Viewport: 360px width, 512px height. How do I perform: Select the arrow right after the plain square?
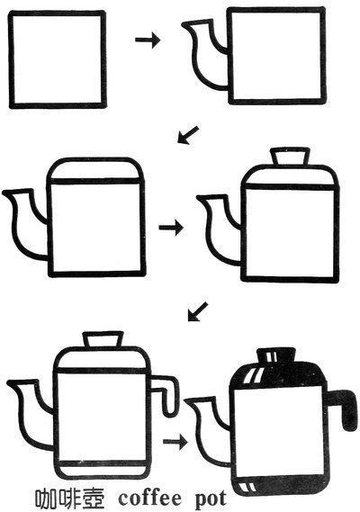pos(148,40)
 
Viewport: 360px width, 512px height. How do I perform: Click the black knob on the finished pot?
pos(276,355)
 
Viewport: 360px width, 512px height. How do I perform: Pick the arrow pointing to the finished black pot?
pos(175,442)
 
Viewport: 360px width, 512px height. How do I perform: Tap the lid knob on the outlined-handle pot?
pos(103,339)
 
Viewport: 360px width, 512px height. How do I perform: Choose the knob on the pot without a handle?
pos(290,157)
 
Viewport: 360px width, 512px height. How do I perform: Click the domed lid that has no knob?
pos(95,169)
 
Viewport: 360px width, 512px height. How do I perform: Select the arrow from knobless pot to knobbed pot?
pos(171,228)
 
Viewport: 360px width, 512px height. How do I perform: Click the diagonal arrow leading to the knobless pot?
pos(188,135)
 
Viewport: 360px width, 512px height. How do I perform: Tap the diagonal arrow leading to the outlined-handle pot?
pos(198,311)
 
